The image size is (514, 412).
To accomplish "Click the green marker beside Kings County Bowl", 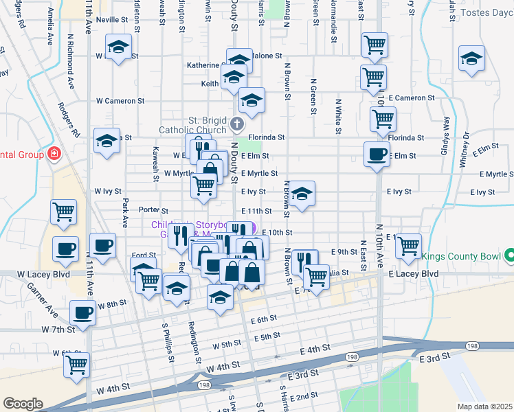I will click(x=510, y=257).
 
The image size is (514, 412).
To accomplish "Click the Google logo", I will click(x=23, y=404).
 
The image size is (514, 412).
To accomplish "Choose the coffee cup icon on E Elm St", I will click(x=377, y=154).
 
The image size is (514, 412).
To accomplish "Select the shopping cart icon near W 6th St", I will click(x=77, y=364).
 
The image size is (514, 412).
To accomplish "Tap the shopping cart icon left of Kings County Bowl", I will click(x=408, y=245).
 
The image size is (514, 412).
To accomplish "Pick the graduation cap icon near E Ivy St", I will click(x=302, y=194).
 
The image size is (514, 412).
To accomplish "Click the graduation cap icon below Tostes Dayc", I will click(x=472, y=57).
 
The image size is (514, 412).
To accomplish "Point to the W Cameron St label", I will click(x=120, y=100).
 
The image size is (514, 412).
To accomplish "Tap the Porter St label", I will click(x=153, y=210).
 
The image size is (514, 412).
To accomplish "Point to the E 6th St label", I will click(x=263, y=319).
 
